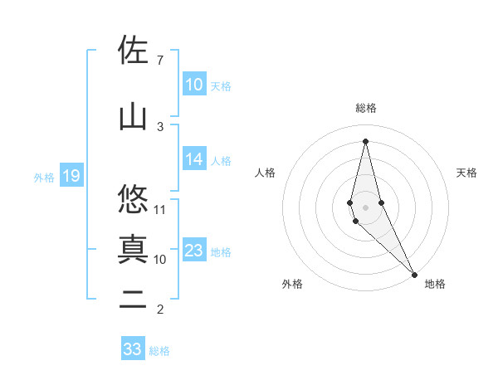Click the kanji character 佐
[x=133, y=51]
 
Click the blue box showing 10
[x=194, y=85]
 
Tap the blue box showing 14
[x=194, y=160]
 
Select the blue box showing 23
[x=194, y=251]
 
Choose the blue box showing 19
[x=71, y=176]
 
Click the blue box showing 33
[x=133, y=349]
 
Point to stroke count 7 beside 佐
[x=159, y=61]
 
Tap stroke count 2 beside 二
[x=159, y=310]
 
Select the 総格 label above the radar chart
[x=365, y=108]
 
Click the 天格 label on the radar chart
[x=466, y=173]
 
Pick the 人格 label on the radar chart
[x=265, y=173]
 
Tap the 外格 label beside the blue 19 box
[x=43, y=177]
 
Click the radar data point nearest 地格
[x=414, y=273]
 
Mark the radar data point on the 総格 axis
[x=365, y=140]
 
